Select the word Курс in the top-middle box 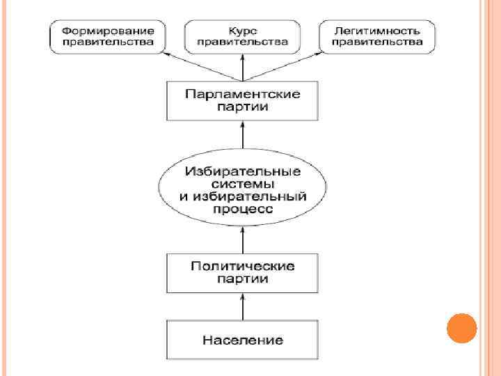(x=241, y=31)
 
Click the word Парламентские (x=242, y=94)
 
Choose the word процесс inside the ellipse (x=242, y=209)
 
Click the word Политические (x=242, y=267)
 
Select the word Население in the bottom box (x=243, y=340)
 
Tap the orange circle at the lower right (x=461, y=327)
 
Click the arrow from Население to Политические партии (x=242, y=306)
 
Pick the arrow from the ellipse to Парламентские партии (x=242, y=136)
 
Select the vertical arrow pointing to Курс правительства (x=242, y=66)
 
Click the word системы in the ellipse (x=242, y=184)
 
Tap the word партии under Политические (x=242, y=279)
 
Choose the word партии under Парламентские (x=242, y=107)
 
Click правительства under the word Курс (x=241, y=42)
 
